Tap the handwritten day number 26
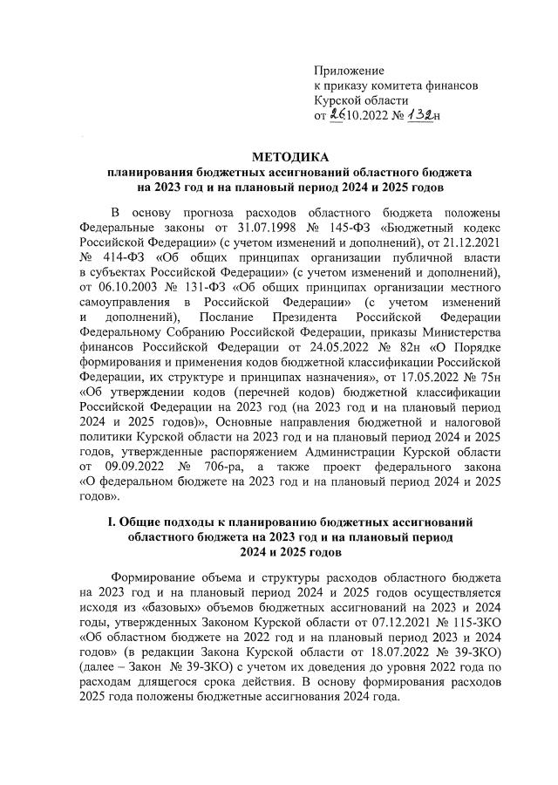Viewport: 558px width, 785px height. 337,114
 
